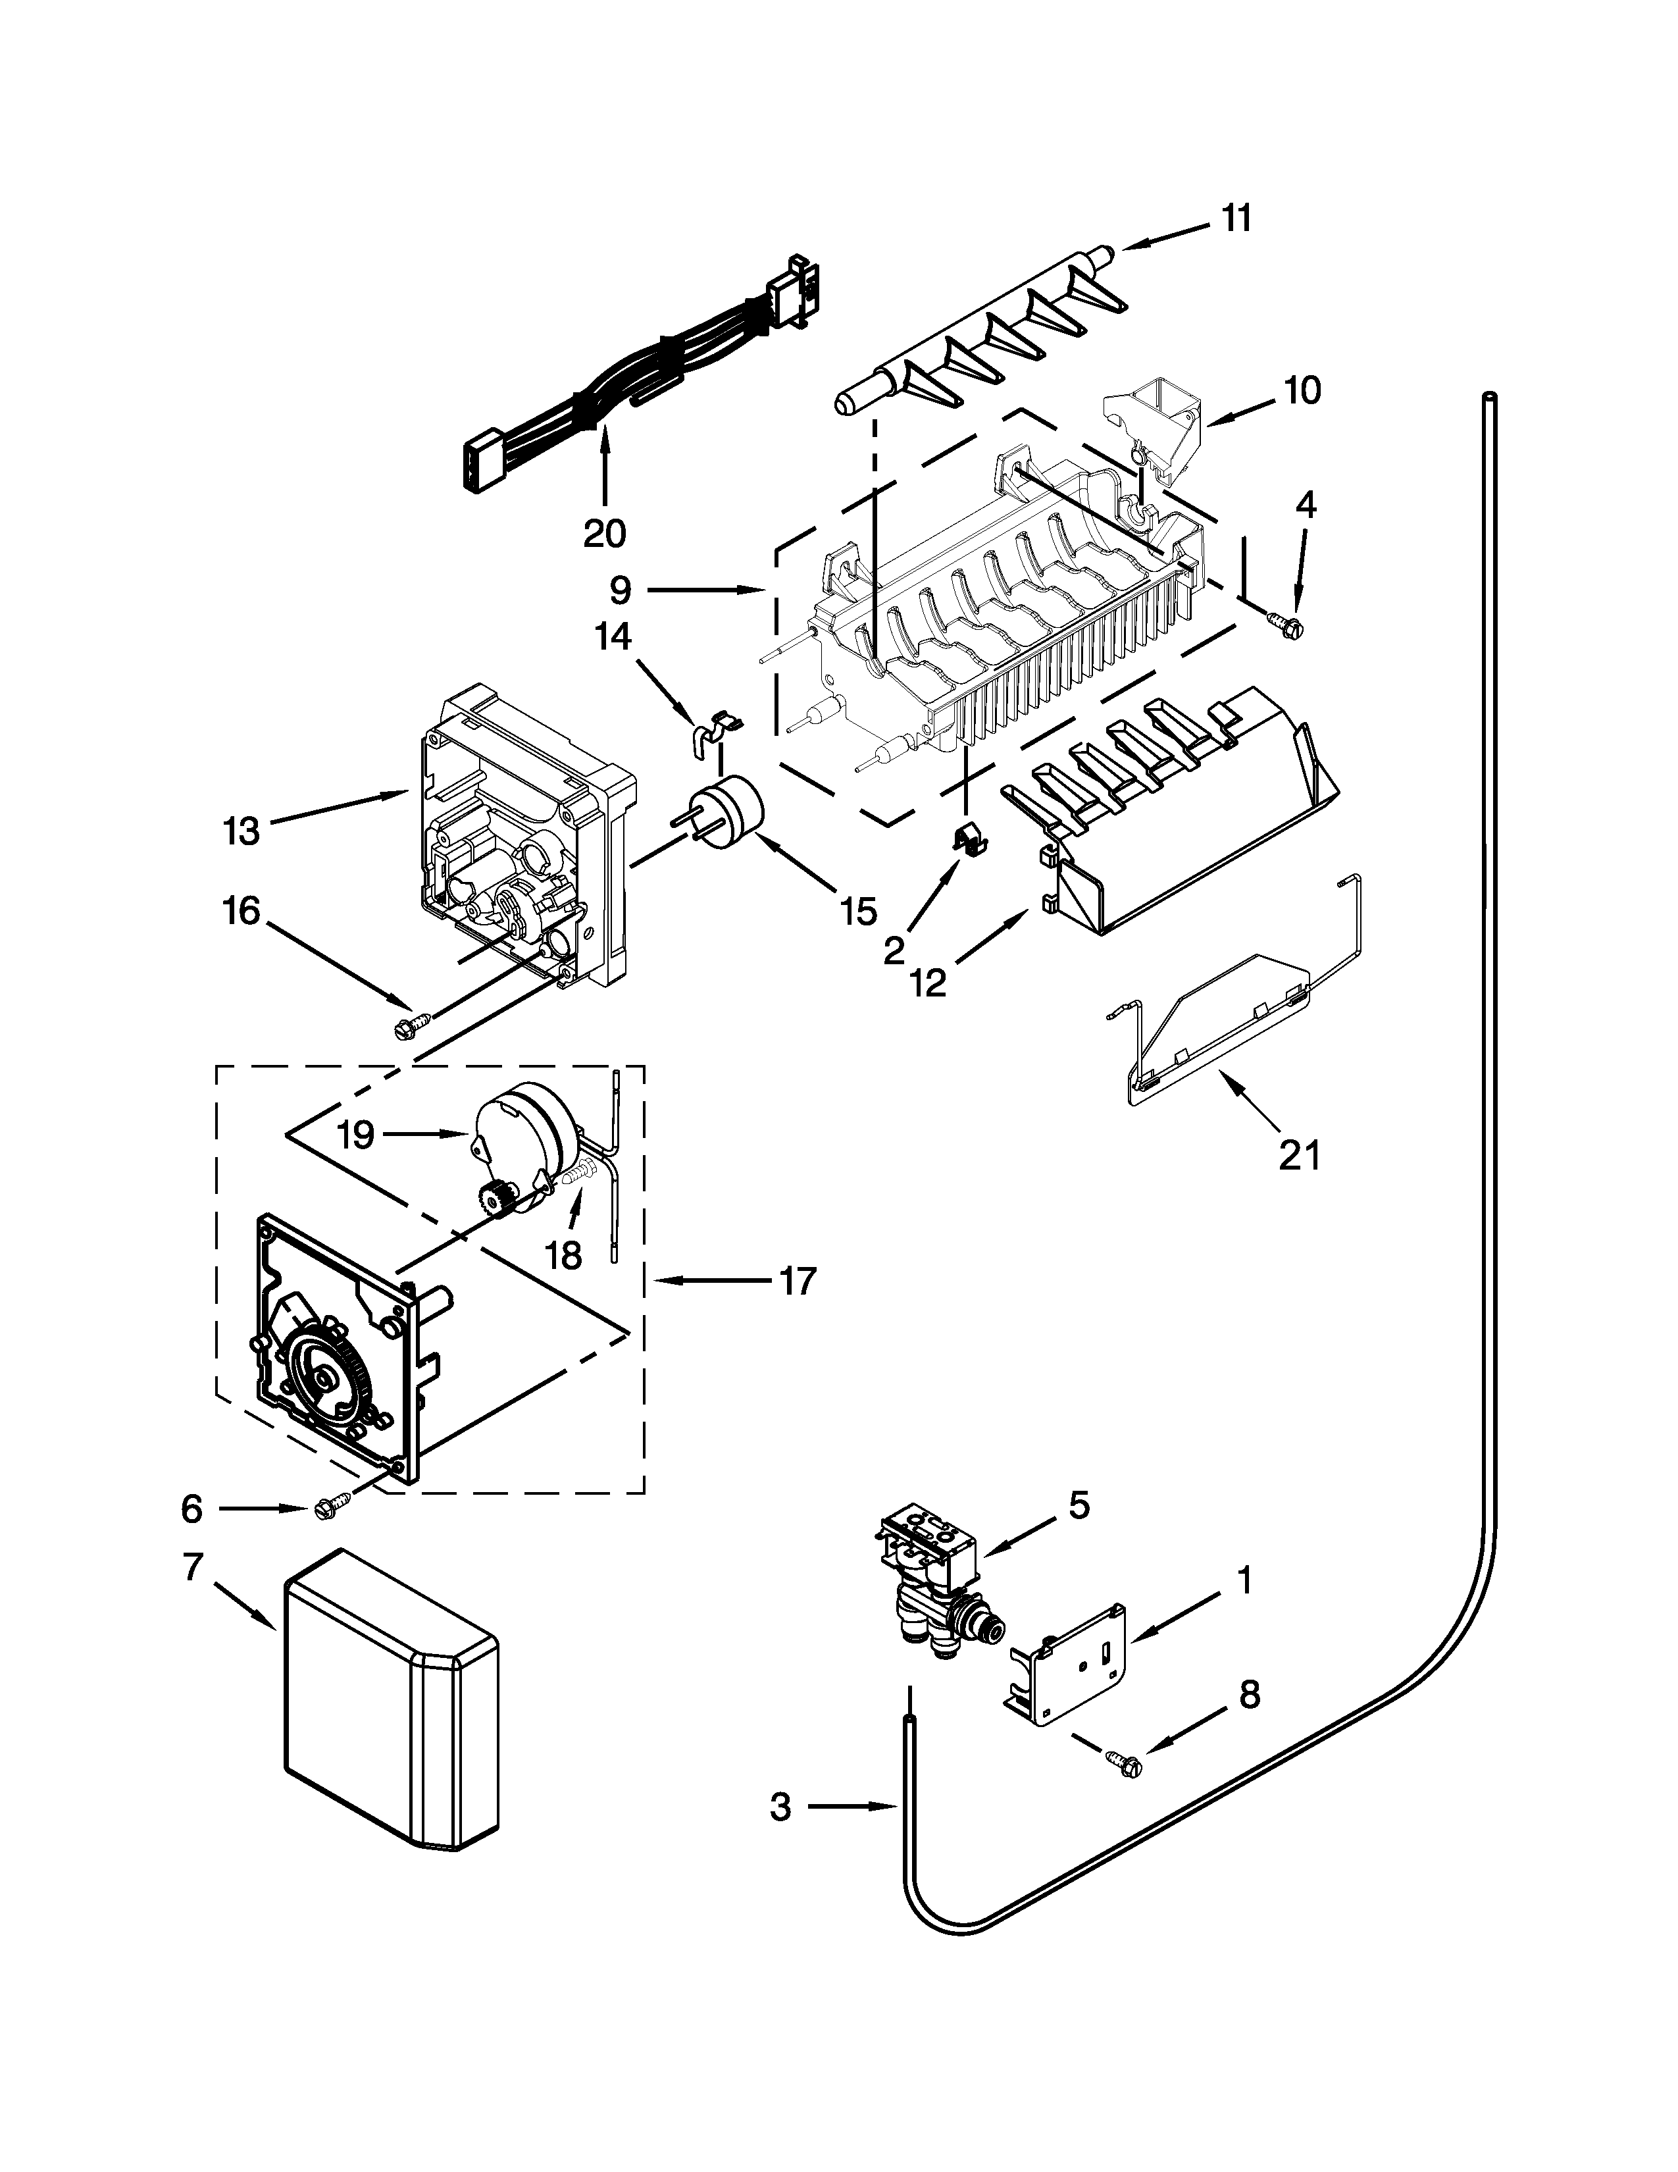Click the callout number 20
pyautogui.click(x=603, y=534)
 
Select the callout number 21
pyautogui.click(x=1299, y=1154)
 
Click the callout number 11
pyautogui.click(x=1236, y=218)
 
